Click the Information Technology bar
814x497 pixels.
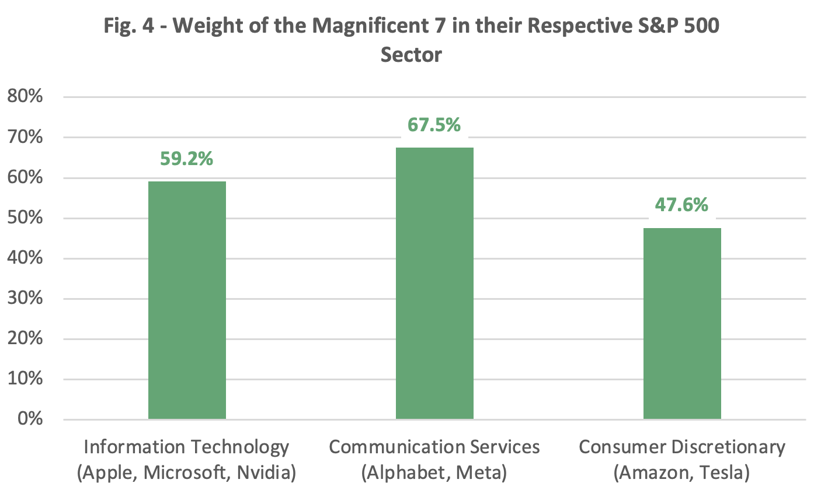click(x=187, y=300)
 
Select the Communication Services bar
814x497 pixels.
click(x=434, y=283)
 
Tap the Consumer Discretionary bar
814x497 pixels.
click(x=682, y=323)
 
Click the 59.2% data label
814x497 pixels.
click(x=187, y=158)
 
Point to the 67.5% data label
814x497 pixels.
click(x=434, y=124)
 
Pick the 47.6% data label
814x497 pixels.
click(x=682, y=205)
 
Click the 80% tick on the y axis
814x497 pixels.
click(x=25, y=97)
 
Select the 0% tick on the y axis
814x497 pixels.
click(x=30, y=419)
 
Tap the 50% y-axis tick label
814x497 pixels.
click(x=25, y=218)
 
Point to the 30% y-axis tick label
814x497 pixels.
click(x=25, y=299)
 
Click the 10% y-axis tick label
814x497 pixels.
click(x=25, y=379)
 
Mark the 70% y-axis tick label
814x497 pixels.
click(x=25, y=138)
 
